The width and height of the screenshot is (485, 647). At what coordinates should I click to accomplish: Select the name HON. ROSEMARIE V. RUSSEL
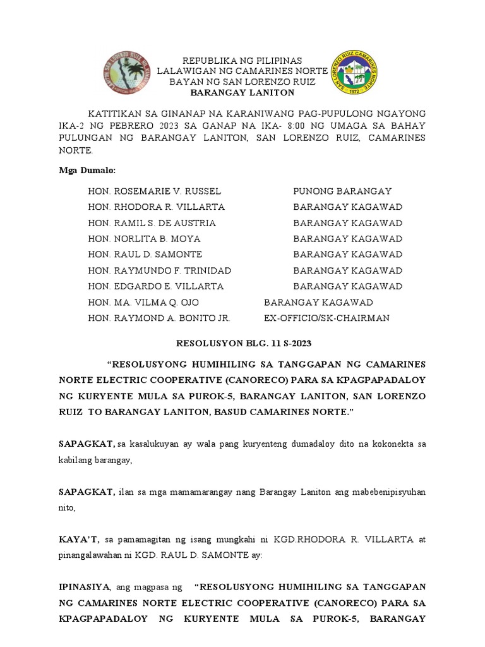click(x=155, y=191)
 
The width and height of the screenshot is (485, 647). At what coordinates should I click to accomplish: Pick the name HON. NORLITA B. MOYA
click(x=145, y=239)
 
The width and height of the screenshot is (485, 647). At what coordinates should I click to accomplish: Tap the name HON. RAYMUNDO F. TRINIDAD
click(x=160, y=270)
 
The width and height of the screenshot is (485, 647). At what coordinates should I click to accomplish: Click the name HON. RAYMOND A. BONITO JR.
click(x=159, y=318)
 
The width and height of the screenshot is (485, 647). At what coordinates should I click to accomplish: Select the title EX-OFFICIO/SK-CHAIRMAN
click(x=326, y=318)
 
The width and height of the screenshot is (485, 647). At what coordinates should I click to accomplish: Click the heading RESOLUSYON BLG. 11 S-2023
click(x=242, y=343)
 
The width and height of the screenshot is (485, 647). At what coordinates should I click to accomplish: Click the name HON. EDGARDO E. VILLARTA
click(x=156, y=286)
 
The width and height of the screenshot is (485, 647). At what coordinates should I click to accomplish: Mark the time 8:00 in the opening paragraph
click(x=272, y=125)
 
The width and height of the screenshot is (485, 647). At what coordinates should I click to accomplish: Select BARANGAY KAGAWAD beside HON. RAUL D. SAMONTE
click(x=347, y=255)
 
